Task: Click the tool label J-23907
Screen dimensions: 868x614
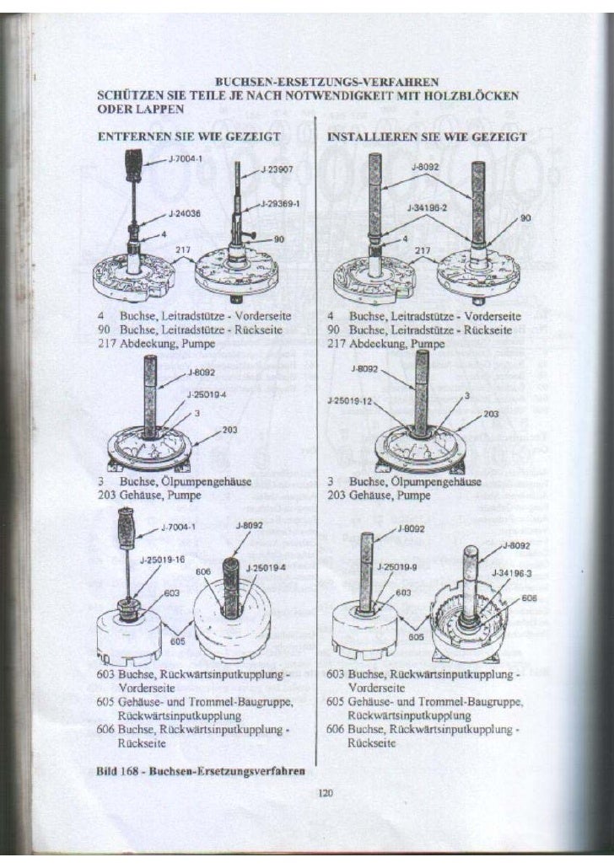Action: (275, 169)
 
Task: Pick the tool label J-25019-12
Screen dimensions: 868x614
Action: (348, 400)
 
